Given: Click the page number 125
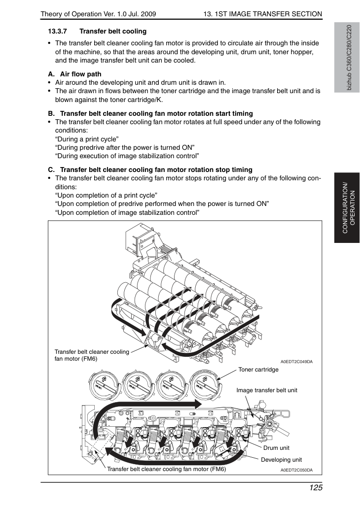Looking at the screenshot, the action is tap(316, 488).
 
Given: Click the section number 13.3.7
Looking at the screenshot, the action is tap(57, 32).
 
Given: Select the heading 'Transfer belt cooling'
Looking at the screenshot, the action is tap(113, 32).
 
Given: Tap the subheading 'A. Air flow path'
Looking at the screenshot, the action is tap(75, 74).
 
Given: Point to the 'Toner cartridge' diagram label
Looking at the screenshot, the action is tap(258, 370).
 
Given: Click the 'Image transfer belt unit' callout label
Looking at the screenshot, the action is tap(267, 390).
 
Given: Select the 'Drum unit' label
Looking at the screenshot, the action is tap(276, 448).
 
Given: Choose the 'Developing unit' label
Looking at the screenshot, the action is tap(282, 460).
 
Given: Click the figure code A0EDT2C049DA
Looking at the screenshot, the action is tap(296, 362).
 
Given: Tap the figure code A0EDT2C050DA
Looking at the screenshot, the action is tap(296, 470).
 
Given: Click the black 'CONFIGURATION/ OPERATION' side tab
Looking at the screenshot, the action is tap(347, 208).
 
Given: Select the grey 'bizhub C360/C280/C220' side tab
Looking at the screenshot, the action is tap(347, 58).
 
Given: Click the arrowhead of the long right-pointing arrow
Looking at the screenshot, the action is tap(198, 404).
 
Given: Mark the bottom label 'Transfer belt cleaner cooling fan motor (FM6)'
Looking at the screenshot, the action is tap(166, 469).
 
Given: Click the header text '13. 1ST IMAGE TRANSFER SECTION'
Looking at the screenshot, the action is tap(263, 14).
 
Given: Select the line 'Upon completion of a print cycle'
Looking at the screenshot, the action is tap(106, 196).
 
